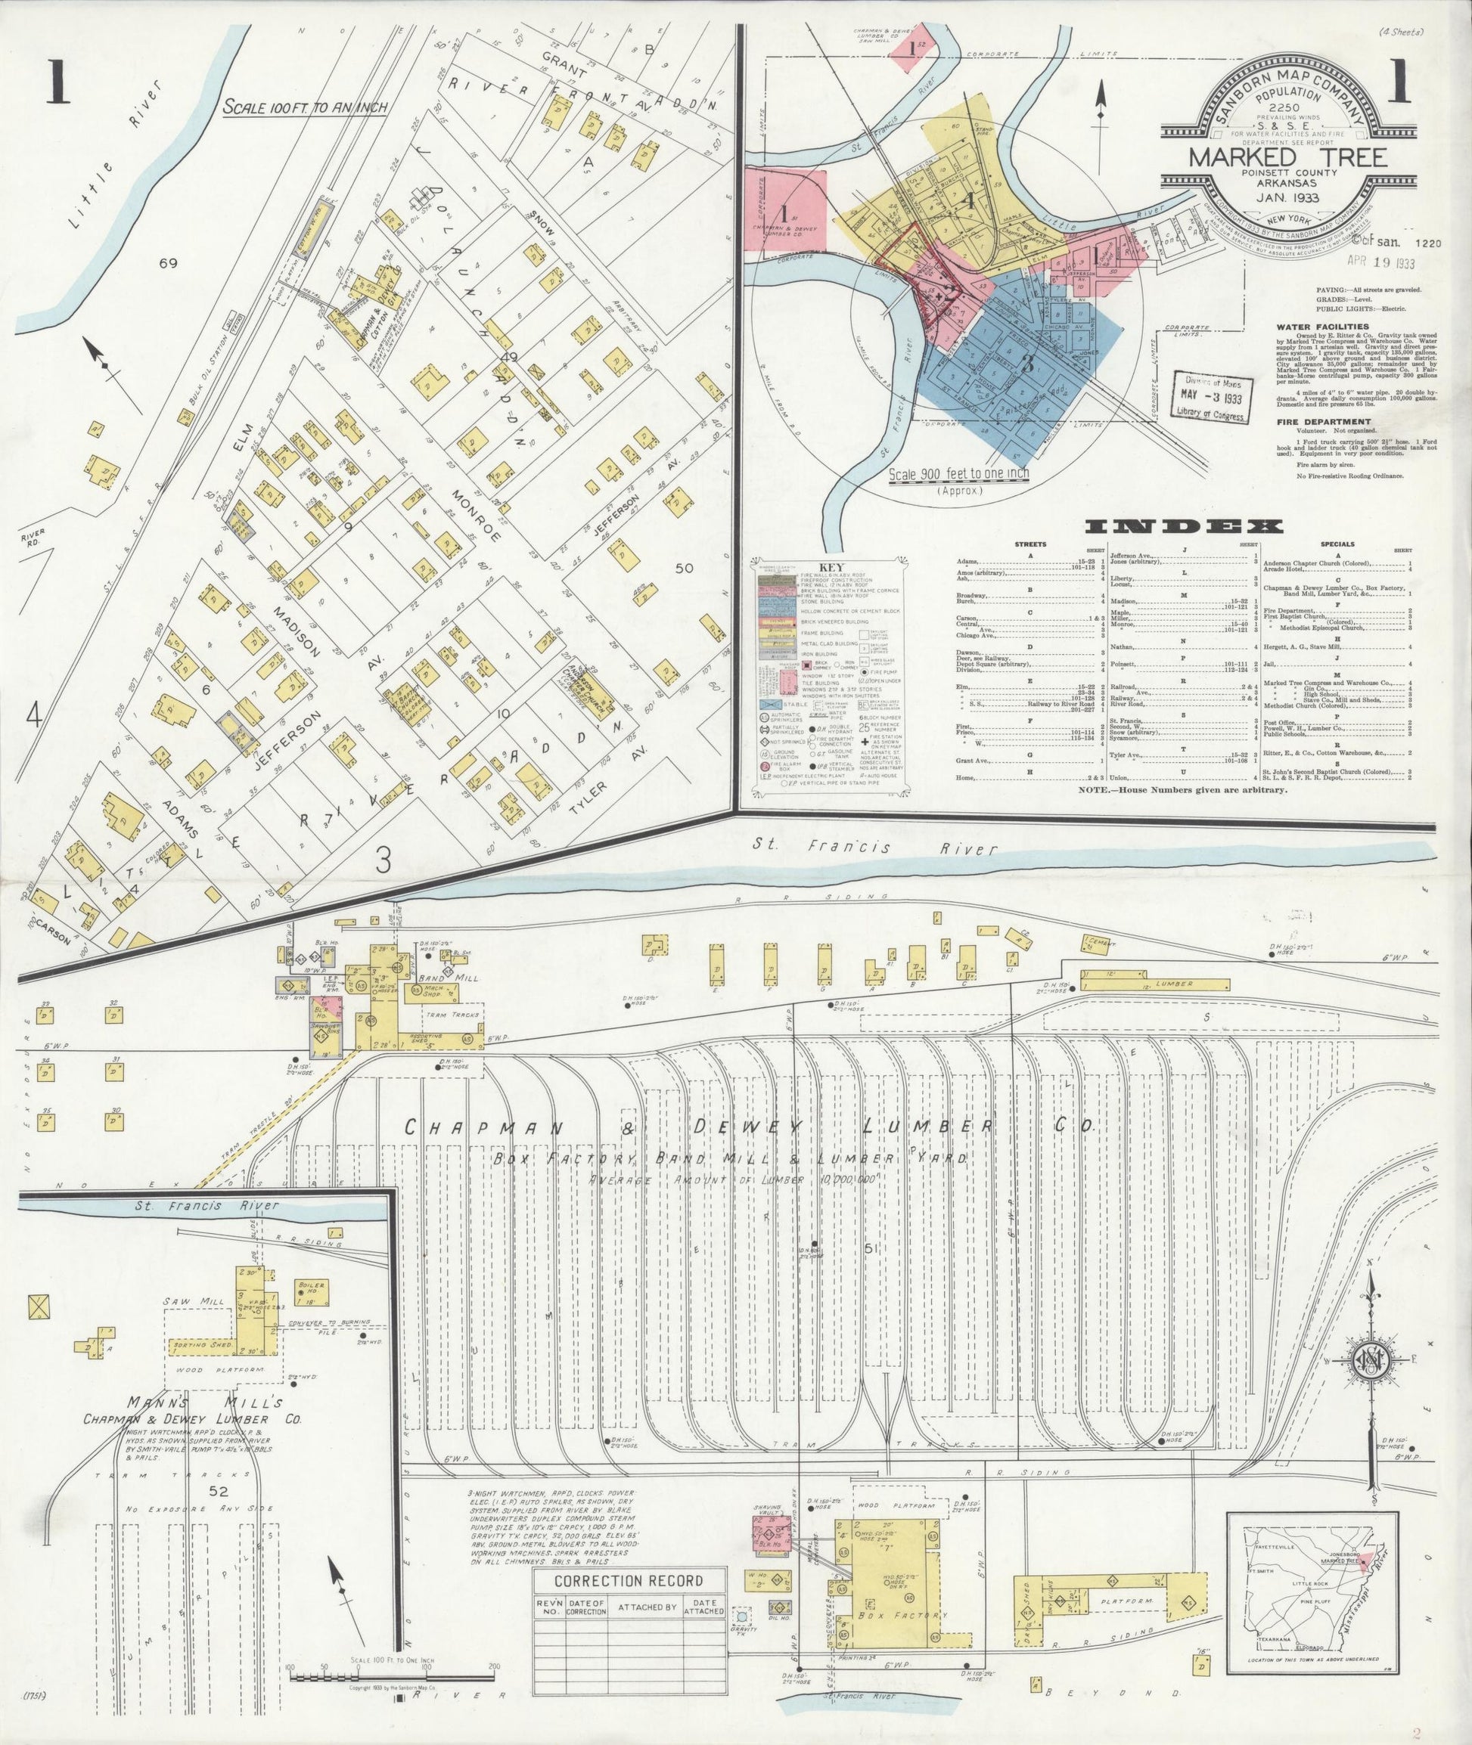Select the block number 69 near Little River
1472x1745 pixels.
tap(170, 264)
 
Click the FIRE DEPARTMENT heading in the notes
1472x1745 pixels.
tap(1316, 422)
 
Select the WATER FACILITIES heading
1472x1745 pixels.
tap(1321, 327)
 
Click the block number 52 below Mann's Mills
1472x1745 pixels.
tap(219, 1492)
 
